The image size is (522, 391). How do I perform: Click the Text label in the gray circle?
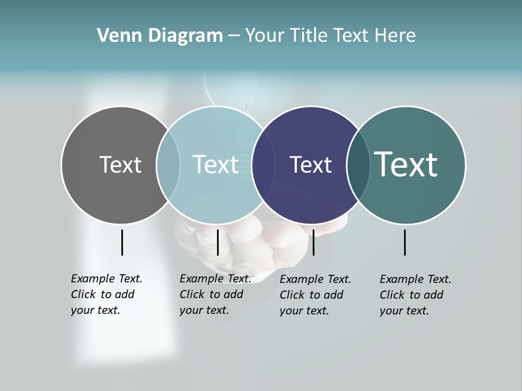pos(120,165)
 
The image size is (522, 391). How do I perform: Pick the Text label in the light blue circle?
pos(216,165)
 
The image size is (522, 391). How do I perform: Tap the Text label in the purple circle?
pos(310,165)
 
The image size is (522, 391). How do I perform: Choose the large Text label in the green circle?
pos(406,165)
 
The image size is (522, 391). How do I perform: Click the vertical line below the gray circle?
pos(122,242)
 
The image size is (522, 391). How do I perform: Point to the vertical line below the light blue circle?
pos(217,242)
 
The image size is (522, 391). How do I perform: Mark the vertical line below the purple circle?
pos(313,242)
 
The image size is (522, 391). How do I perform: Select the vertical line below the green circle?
pos(405,242)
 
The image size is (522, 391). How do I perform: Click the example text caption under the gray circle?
pos(106,294)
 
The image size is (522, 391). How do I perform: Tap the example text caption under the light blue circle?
pos(215,294)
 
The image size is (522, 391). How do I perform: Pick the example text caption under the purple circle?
pos(315,295)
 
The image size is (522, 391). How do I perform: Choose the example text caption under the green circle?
pos(415,295)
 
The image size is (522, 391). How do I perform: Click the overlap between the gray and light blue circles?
pos(168,165)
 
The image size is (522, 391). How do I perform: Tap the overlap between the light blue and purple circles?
pos(263,165)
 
